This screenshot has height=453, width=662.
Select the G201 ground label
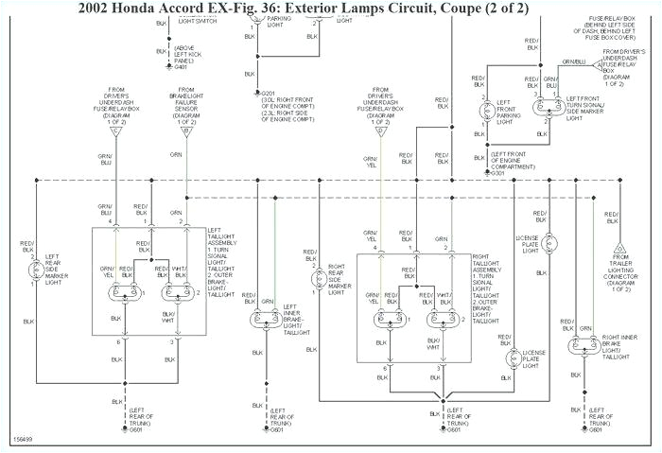268,94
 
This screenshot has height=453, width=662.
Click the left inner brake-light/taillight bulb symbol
262,319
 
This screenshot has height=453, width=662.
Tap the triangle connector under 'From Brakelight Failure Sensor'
186,131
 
